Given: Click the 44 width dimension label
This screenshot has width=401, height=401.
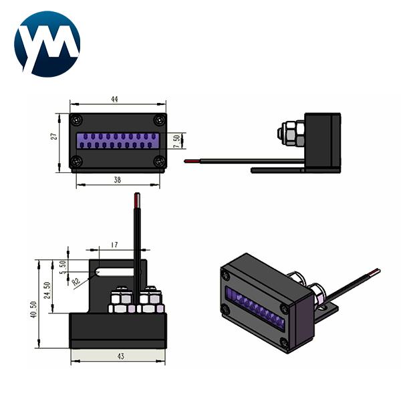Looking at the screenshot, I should pyautogui.click(x=115, y=99).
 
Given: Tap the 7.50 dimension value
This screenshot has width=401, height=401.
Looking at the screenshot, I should pyautogui.click(x=176, y=142).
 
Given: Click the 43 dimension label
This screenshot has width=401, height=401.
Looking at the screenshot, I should pyautogui.click(x=120, y=357).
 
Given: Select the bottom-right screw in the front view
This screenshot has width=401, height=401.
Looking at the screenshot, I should pyautogui.click(x=158, y=161).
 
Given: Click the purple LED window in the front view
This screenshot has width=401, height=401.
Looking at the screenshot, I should pyautogui.click(x=118, y=140).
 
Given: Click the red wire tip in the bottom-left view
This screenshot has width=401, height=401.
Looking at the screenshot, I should pyautogui.click(x=136, y=199).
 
